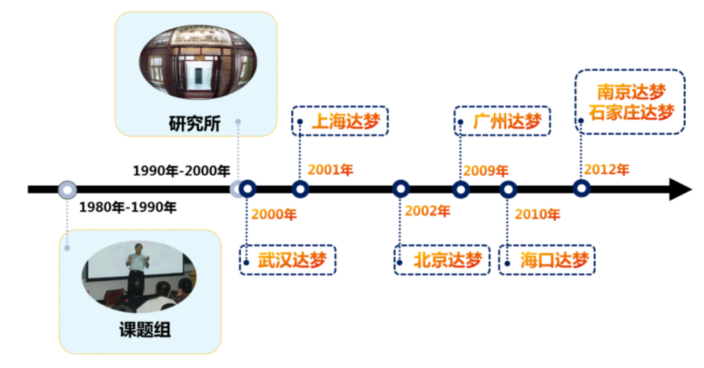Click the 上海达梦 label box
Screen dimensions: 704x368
pyautogui.click(x=340, y=121)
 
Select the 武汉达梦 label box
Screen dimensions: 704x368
pyautogui.click(x=287, y=260)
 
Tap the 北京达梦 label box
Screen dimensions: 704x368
pyautogui.click(x=442, y=260)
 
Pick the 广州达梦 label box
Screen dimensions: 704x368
pyautogui.click(x=502, y=121)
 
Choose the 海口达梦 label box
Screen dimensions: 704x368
pyautogui.click(x=548, y=260)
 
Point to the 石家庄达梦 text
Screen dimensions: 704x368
pyautogui.click(x=631, y=112)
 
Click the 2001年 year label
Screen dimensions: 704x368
pyautogui.click(x=330, y=171)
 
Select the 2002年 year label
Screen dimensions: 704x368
pyautogui.click(x=427, y=212)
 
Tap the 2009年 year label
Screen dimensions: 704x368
pyautogui.click(x=486, y=171)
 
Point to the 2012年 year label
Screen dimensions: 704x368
pyautogui.click(x=606, y=170)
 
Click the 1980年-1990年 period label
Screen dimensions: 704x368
pyautogui.click(x=128, y=208)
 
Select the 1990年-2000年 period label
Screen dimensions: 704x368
pyautogui.click(x=181, y=171)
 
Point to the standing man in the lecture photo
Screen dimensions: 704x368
pyautogui.click(x=138, y=268)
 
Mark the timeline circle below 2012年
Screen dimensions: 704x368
pyautogui.click(x=581, y=189)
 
